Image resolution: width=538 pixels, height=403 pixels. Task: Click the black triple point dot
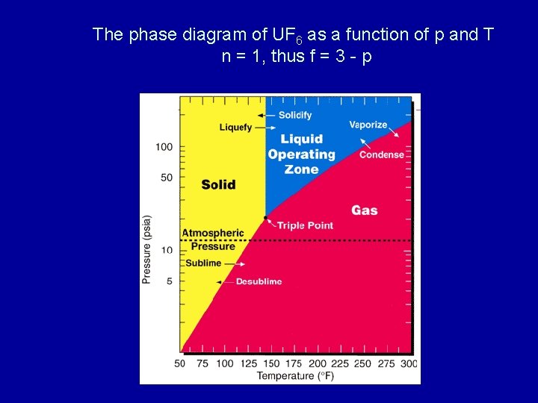pyautogui.click(x=265, y=218)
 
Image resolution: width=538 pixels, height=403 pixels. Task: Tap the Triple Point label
pyautogui.click(x=305, y=225)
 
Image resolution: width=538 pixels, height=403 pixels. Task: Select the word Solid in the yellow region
pyautogui.click(x=218, y=184)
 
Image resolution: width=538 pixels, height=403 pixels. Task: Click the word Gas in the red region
pyautogui.click(x=365, y=210)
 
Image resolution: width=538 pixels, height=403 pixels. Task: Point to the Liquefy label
pyautogui.click(x=235, y=128)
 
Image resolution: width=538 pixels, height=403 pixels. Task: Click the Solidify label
pyautogui.click(x=295, y=116)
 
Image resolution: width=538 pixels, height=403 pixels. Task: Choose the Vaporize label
pyautogui.click(x=368, y=125)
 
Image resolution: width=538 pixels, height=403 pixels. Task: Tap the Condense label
pyautogui.click(x=381, y=155)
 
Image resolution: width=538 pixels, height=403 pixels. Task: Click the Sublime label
pyautogui.click(x=203, y=263)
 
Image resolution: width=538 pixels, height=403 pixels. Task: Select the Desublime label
pyautogui.click(x=259, y=281)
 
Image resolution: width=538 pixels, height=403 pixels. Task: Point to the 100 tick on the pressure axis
pyautogui.click(x=164, y=147)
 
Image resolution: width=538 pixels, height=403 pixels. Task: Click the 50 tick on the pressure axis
pyautogui.click(x=167, y=178)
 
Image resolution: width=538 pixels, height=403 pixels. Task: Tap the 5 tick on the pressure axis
pyautogui.click(x=170, y=281)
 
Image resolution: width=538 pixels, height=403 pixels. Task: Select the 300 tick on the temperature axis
pyautogui.click(x=408, y=363)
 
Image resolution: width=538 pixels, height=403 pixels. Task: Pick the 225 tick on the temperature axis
pyautogui.click(x=339, y=363)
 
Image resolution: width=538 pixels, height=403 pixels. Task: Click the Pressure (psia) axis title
pyautogui.click(x=147, y=250)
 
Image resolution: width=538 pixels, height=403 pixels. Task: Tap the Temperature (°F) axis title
pyautogui.click(x=294, y=375)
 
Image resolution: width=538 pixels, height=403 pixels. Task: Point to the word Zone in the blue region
pyautogui.click(x=301, y=169)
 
